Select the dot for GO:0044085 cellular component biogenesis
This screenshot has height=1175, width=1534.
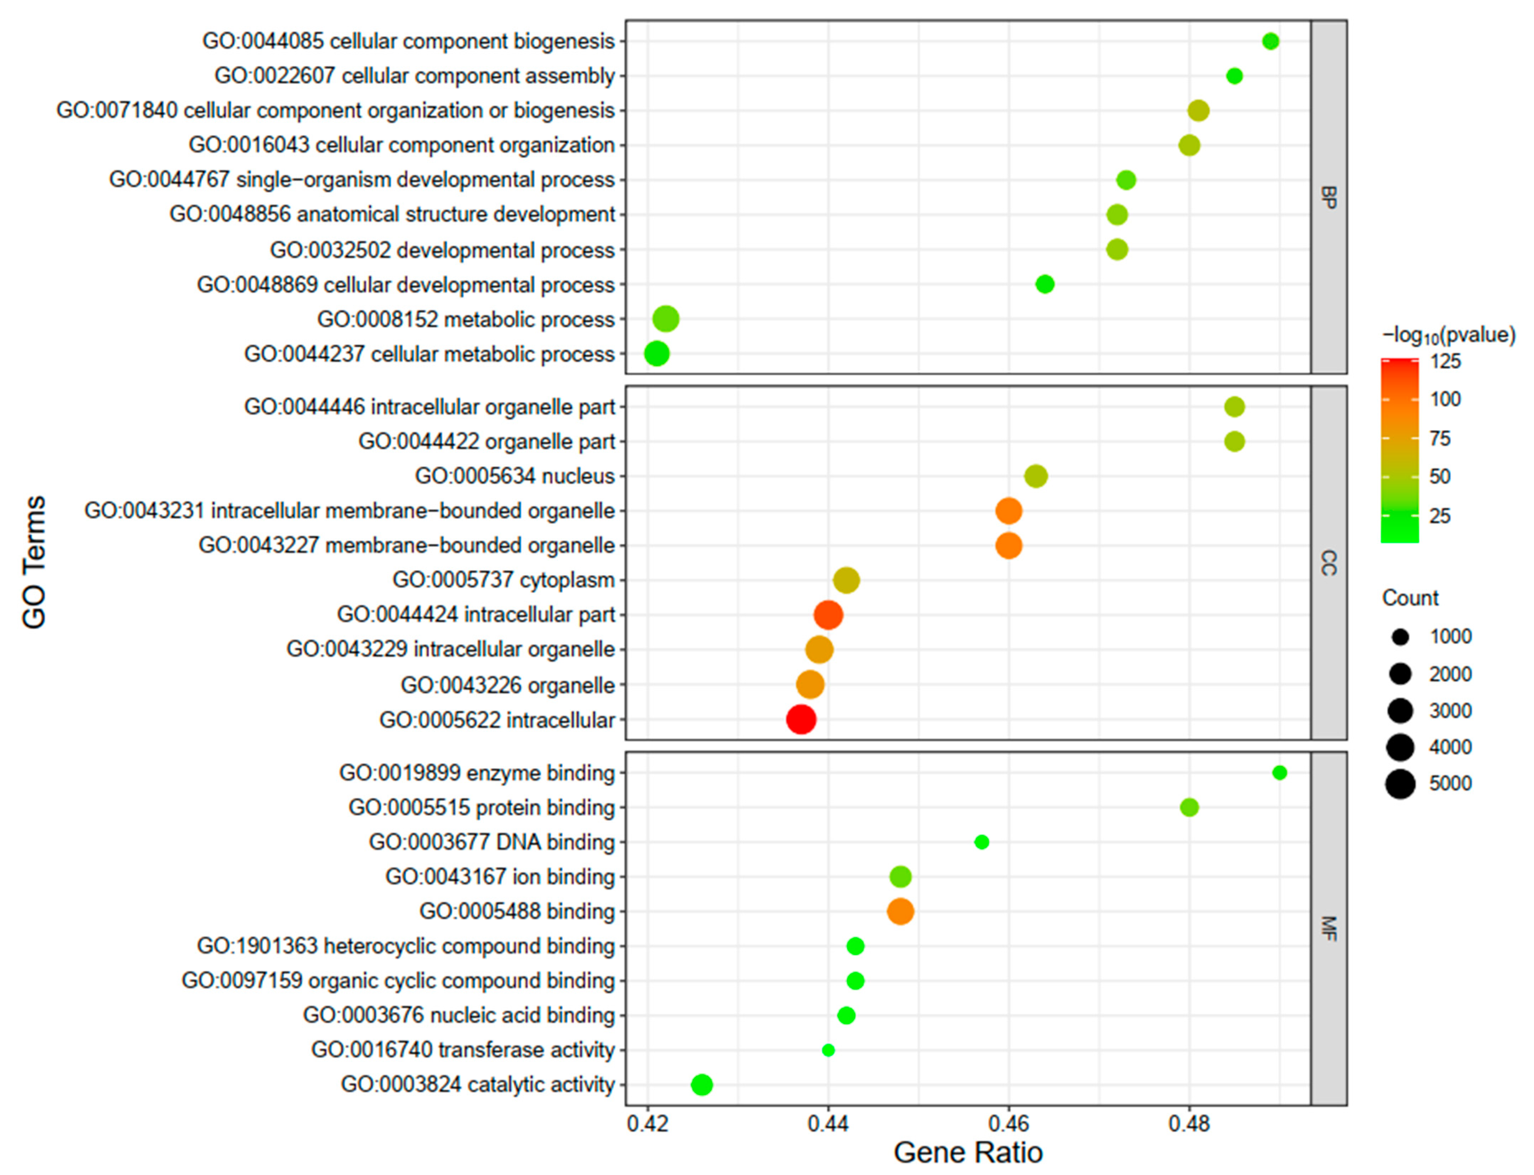coord(1270,41)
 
